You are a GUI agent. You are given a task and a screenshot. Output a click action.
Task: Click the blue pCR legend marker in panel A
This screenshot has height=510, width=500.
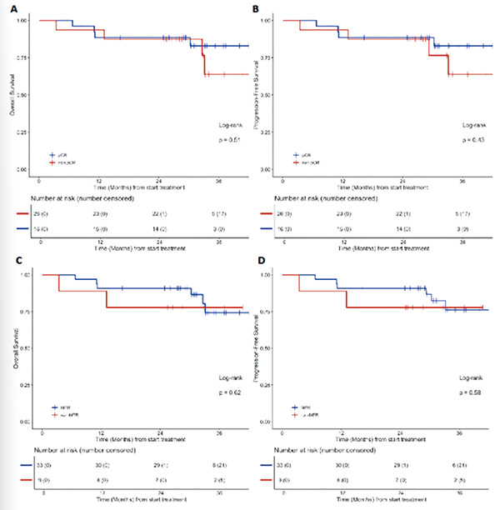tap(52, 155)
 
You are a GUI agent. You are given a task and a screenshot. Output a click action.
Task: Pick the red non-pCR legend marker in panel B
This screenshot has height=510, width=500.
tap(297, 161)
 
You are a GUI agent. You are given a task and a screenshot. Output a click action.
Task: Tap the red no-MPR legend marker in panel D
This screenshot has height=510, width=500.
tap(297, 412)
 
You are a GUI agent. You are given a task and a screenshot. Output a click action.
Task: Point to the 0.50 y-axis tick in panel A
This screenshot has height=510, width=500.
tap(21, 94)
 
